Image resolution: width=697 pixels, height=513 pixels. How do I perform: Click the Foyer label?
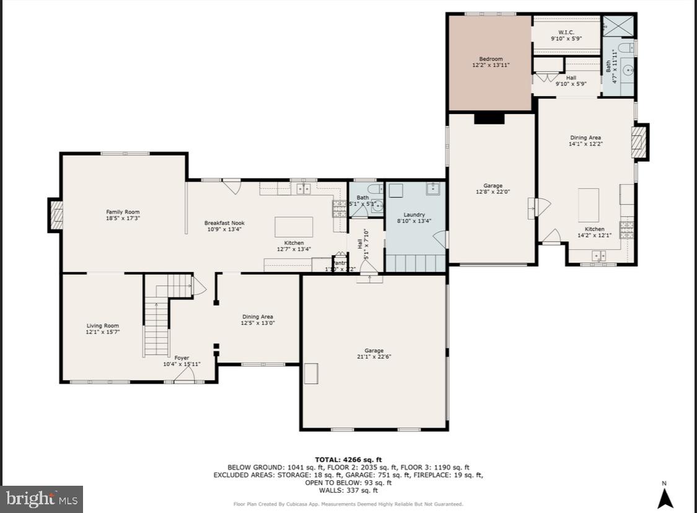[x=182, y=357]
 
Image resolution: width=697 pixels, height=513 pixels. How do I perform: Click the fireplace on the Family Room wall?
[x=56, y=216]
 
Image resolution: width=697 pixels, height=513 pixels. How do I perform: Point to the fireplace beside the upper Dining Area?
[x=638, y=142]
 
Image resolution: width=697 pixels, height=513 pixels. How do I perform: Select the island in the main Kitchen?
[x=294, y=227]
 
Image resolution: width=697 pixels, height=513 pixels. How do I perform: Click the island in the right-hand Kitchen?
[x=589, y=205]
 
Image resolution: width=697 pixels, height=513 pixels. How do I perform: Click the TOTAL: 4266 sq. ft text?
[x=348, y=459]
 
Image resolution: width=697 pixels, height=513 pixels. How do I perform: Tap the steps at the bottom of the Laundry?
[x=415, y=263]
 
